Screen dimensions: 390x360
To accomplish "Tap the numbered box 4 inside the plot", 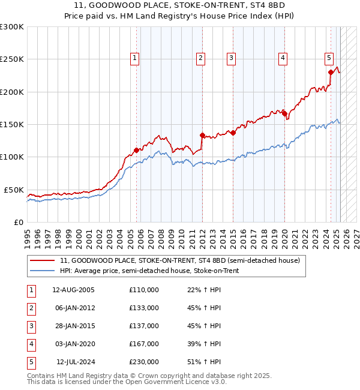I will coord(282,58).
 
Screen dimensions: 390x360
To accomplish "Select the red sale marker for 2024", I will coord(331,72).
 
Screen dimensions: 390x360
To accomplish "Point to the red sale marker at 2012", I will coord(202,135).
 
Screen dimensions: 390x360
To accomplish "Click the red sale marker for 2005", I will coord(137,150).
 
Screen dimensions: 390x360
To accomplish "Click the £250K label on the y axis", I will coord(12,59).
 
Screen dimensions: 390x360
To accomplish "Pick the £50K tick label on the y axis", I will coord(14,190).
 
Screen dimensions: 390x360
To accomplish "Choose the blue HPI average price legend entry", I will coord(149,271).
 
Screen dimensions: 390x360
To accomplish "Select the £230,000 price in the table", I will coord(144,362).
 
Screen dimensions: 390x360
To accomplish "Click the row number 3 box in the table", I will coord(31,326).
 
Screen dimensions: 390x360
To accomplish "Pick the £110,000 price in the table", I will coord(144,290).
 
